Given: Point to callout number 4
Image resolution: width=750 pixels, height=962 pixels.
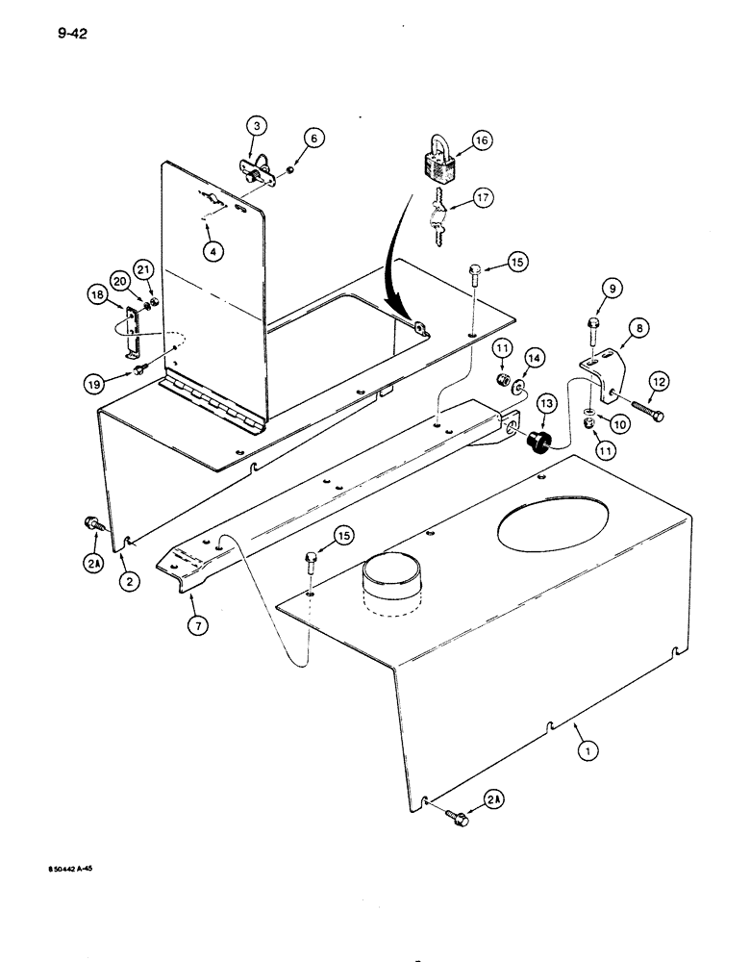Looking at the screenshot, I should pyautogui.click(x=213, y=250).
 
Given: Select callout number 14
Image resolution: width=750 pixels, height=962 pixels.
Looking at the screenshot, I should pyautogui.click(x=536, y=358).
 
